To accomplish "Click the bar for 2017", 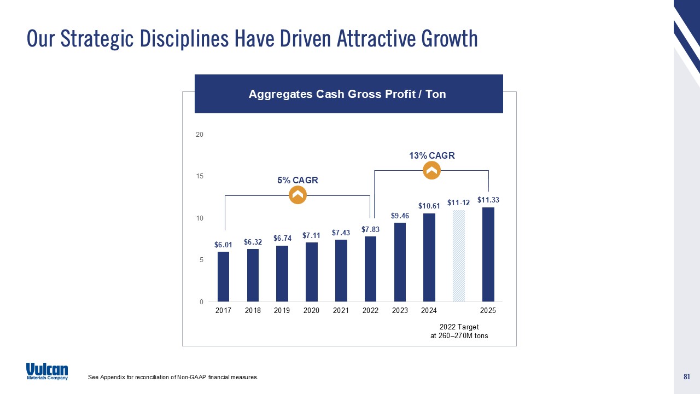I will tap(223, 276).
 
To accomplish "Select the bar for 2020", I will tap(311, 271).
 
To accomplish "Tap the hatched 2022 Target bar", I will tap(459, 256).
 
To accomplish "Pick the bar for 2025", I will tap(488, 254).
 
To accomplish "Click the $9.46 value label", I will tap(400, 216).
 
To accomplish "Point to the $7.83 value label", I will tap(370, 229).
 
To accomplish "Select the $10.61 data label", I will tap(429, 206).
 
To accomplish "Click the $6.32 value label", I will tap(253, 242).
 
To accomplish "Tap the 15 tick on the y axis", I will tap(200, 176).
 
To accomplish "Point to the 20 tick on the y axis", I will tap(200, 135).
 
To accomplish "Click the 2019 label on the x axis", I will tap(282, 311).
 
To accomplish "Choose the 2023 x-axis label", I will tap(400, 311).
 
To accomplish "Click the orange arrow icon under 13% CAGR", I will tap(431, 171).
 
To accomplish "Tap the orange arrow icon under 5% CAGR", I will tap(297, 195).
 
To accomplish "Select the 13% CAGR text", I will tap(431, 156).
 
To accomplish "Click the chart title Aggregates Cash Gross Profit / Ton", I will tap(347, 94).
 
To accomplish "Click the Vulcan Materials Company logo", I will tap(47, 371).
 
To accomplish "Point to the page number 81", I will tap(687, 376).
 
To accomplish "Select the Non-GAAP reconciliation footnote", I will tap(173, 377).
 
